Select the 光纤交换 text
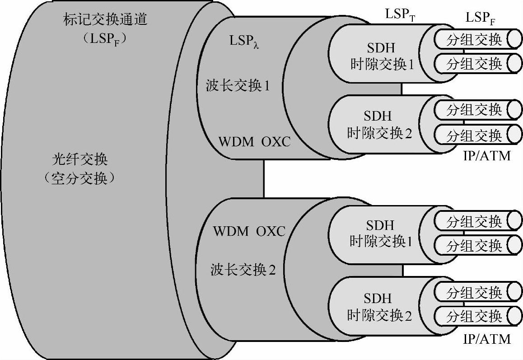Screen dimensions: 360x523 pos(79,160)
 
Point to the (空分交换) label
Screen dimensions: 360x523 pos(79,179)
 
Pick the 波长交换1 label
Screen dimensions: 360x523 pos(238,85)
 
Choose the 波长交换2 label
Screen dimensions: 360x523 pos(243,270)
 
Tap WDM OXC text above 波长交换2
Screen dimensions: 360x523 pos(249,232)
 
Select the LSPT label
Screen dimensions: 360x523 pos(400,14)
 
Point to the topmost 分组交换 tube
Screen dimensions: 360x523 pos(474,39)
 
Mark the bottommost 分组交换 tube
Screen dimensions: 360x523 pos(474,315)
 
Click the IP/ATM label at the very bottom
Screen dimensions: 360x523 pos(487,339)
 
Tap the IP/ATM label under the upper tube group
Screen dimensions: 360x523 pos(487,156)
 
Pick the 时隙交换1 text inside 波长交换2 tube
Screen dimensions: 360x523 pos(381,242)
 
